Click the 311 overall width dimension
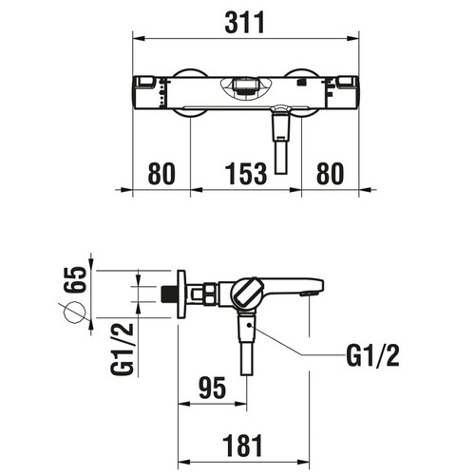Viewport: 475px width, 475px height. (244, 23)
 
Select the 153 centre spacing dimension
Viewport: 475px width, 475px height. (246, 174)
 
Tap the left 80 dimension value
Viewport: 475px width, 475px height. (161, 174)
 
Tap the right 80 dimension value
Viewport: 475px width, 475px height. (330, 174)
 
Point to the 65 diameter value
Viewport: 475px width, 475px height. (75, 279)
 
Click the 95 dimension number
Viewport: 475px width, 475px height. (213, 388)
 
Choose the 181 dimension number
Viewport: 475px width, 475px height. (242, 446)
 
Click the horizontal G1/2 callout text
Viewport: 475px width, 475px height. (372, 356)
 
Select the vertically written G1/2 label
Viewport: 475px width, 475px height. (123, 349)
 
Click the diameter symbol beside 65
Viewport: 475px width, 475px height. (75, 313)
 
